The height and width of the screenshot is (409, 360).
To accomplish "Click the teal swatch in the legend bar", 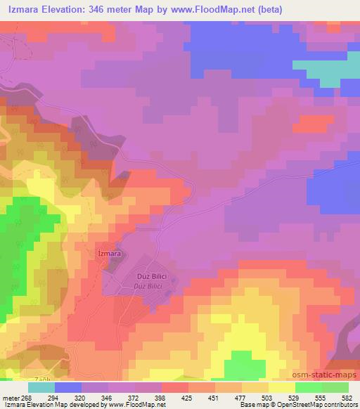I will pyautogui.click(x=41, y=387).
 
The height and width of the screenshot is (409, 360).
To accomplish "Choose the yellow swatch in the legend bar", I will pyautogui.click(x=281, y=387).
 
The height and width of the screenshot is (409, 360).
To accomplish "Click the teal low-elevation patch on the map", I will pyautogui.click(x=324, y=69).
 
